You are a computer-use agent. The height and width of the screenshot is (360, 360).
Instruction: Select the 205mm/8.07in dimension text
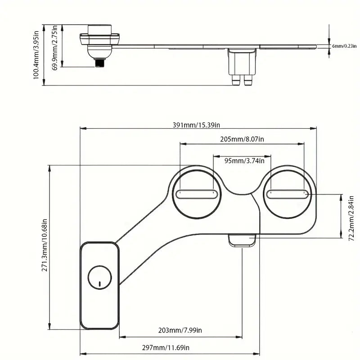(242, 139)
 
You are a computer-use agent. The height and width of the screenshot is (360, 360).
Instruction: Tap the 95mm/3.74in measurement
(242, 160)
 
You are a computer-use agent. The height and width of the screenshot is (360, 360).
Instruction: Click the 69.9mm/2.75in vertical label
(54, 46)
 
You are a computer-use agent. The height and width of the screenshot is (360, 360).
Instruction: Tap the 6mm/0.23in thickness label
(345, 46)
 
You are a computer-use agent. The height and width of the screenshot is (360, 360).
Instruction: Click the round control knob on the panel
(99, 276)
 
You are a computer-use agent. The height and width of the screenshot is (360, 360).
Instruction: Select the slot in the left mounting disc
(198, 194)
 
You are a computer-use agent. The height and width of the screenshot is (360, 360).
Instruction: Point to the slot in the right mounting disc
(287, 194)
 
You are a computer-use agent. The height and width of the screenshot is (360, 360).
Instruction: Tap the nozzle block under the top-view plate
(243, 239)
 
